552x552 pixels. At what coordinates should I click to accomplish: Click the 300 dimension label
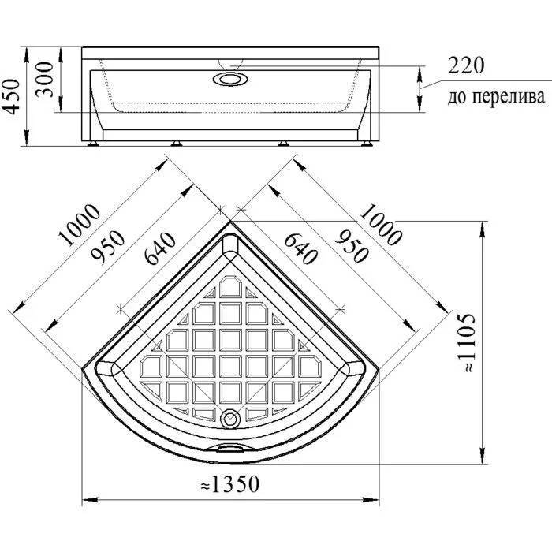tap(45, 79)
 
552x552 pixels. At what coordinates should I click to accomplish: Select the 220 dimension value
tap(466, 65)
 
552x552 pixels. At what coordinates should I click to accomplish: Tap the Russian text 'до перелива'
tap(496, 96)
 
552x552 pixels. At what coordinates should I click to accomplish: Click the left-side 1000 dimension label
tap(80, 224)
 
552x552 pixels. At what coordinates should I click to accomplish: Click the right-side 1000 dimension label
tap(380, 224)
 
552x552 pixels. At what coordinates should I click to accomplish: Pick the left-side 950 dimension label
tap(107, 247)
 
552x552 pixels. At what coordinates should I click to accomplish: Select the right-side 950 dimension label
tap(352, 246)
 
